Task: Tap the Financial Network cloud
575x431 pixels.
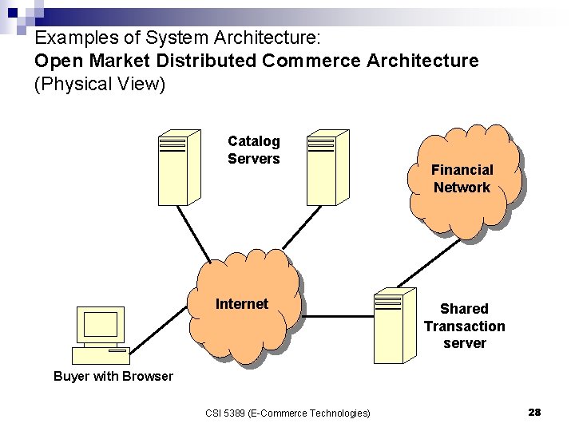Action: pos(462,180)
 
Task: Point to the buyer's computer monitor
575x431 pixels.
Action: pos(101,326)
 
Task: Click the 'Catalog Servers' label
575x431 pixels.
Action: pos(254,150)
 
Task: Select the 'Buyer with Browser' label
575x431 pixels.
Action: pos(113,377)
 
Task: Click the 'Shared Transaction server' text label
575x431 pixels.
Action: pos(464,326)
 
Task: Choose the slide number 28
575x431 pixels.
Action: pos(534,412)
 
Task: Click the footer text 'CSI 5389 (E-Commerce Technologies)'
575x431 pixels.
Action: pos(287,413)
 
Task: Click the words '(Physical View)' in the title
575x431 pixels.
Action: pos(100,84)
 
